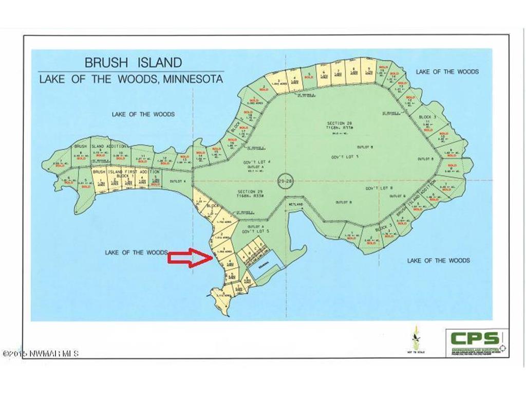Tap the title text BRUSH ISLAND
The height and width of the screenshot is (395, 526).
point(133,63)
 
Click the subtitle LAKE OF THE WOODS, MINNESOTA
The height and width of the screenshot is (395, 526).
point(131,80)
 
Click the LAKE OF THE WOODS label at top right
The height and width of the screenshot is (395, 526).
point(447,71)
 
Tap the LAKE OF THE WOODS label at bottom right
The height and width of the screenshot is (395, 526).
point(438,261)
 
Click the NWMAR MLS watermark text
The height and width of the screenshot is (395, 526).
point(41,354)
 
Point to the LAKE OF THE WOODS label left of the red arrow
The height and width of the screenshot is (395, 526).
point(136,253)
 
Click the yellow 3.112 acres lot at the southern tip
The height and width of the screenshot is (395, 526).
point(222,297)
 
